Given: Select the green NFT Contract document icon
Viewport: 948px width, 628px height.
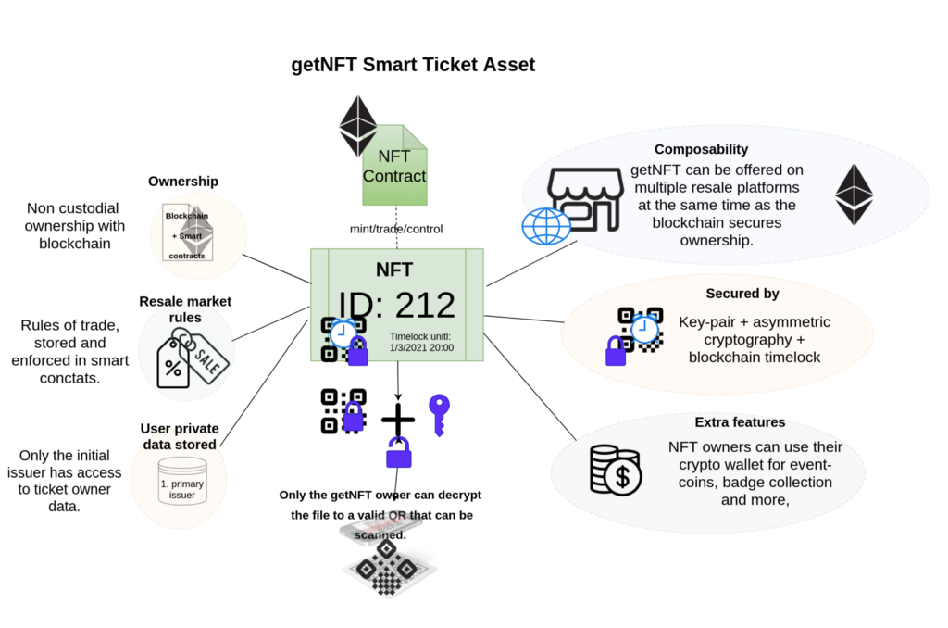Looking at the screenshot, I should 394,166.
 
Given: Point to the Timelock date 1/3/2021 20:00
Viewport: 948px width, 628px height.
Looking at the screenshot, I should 422,348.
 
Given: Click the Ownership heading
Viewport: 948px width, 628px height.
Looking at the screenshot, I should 183,181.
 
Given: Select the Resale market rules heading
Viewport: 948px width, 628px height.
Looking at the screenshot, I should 185,309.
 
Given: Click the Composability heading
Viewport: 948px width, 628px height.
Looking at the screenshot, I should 701,149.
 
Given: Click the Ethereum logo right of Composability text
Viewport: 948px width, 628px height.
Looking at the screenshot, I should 854,195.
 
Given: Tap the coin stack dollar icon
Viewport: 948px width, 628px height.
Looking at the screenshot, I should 616,470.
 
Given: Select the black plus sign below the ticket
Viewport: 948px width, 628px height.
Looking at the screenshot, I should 398,420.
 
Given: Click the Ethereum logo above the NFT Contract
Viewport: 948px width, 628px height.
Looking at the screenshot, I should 357,125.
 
